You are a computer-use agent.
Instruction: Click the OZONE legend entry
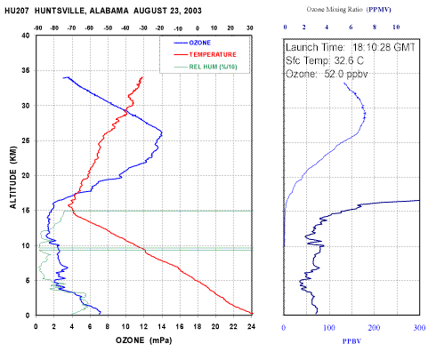pos(192,43)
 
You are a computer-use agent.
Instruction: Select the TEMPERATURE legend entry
pos(205,54)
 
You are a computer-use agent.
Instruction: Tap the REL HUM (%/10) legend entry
pos(206,67)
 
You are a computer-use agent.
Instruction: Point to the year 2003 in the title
pos(193,11)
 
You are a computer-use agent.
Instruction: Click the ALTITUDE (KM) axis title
pos(12,177)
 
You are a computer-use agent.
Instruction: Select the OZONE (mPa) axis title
pos(144,340)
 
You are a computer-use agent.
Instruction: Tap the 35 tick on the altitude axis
pos(26,70)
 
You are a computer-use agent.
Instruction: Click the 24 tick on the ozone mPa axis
pos(251,326)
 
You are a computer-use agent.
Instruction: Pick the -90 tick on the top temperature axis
pos(37,28)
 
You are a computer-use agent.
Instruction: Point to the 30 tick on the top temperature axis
pos(250,28)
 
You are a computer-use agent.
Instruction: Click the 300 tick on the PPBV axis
pos(419,327)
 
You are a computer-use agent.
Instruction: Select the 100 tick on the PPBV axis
pos(329,327)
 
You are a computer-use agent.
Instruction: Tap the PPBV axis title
pos(351,341)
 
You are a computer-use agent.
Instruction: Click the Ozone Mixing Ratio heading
pos(335,10)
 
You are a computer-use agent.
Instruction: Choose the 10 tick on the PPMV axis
pos(396,27)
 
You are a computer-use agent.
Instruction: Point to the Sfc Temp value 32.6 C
pos(349,60)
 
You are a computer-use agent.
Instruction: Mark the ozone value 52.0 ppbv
pos(346,74)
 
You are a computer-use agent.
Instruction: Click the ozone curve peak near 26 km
pos(162,132)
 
